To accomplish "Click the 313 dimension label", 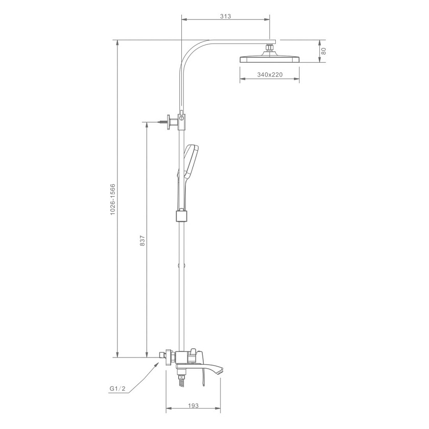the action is tap(225, 16).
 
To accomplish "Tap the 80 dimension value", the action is tap(324, 51).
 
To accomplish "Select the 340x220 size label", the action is tap(270, 75).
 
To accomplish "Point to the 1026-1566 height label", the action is tap(113, 200).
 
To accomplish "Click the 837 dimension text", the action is tap(142, 240).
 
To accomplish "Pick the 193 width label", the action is tap(193, 406).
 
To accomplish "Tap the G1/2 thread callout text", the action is tap(117, 389).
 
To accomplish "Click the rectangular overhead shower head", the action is tap(270, 59).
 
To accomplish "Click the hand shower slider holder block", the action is tap(181, 216).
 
